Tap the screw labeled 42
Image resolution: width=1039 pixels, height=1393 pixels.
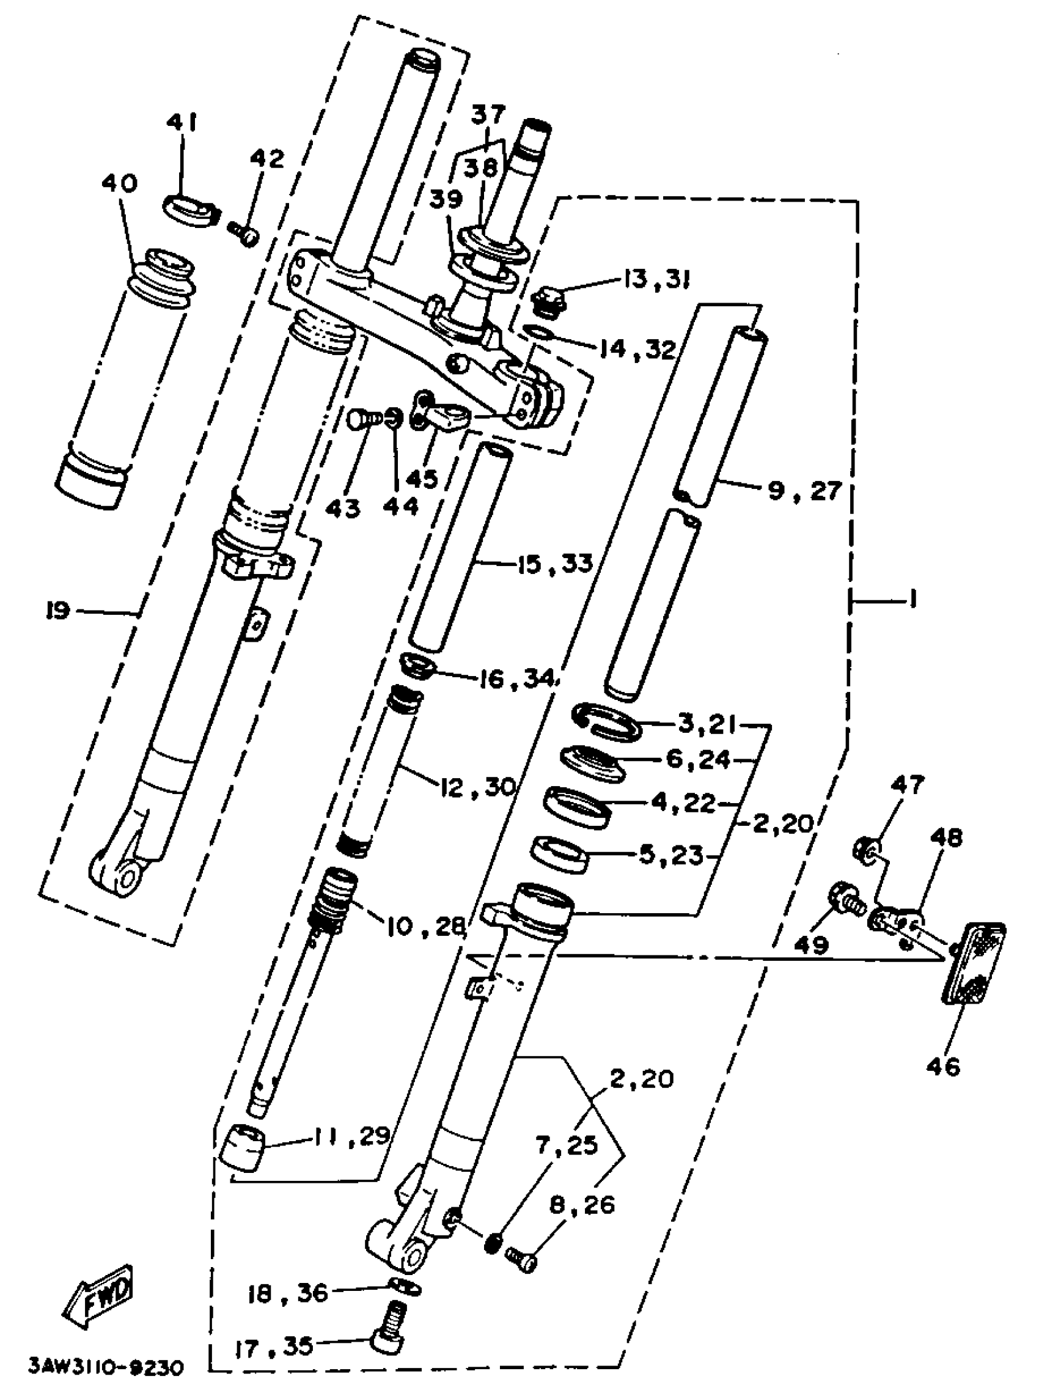tap(243, 235)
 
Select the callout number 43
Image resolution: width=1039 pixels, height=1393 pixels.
tap(344, 507)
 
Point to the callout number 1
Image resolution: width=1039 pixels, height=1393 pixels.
tap(911, 599)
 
